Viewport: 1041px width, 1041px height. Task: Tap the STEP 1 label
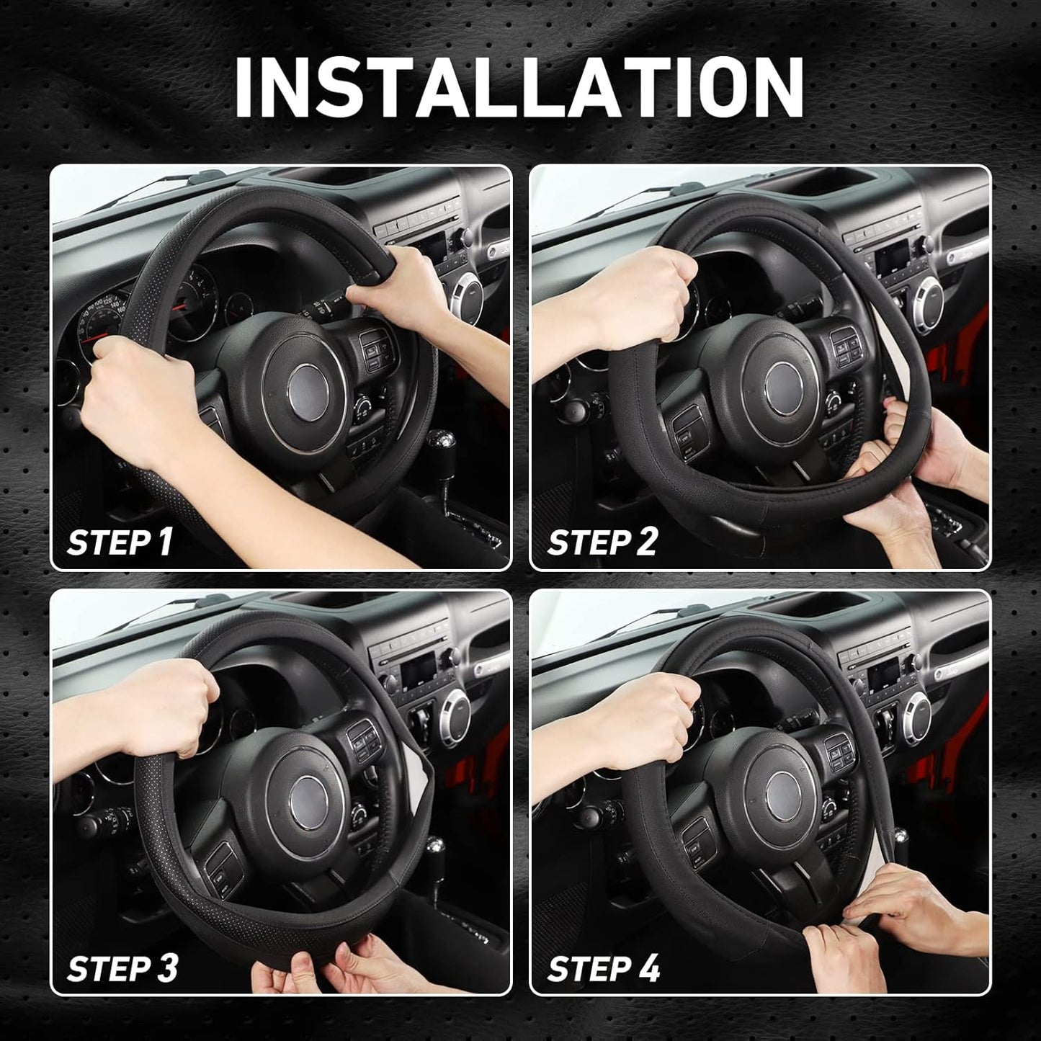tap(120, 540)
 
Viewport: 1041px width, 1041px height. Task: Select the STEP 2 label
tap(602, 540)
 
